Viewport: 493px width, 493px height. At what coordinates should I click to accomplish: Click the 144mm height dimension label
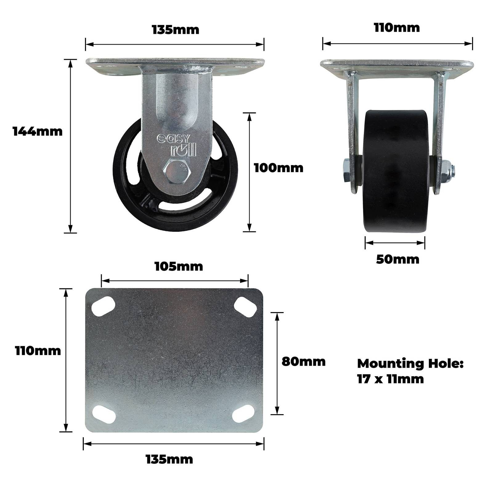point(38,132)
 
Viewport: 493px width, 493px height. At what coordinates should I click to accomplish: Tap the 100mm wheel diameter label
point(279,168)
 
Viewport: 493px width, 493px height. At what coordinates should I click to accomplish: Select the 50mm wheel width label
point(398,259)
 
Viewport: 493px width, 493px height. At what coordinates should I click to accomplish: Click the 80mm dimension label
point(304,361)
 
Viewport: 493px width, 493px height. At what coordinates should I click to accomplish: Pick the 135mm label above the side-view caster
point(176,30)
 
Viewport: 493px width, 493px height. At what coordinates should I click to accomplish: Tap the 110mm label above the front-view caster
point(397,28)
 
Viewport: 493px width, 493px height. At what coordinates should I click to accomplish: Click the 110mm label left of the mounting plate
point(38,351)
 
